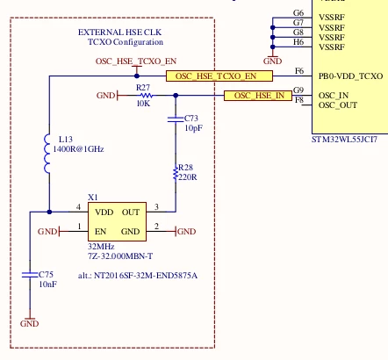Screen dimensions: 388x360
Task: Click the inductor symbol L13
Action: [47, 154]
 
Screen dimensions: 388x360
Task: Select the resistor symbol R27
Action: [147, 96]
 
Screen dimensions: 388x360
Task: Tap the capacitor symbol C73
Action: [176, 119]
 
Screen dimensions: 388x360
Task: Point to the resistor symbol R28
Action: [176, 173]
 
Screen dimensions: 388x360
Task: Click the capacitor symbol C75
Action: [30, 275]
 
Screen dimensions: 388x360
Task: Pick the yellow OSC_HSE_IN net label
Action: [258, 96]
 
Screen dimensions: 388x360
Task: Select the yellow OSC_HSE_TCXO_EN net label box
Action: [219, 76]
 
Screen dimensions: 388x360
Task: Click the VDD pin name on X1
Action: [104, 212]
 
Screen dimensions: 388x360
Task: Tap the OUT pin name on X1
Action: [131, 212]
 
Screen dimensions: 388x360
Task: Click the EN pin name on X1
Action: [100, 232]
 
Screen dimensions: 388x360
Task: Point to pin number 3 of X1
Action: [156, 207]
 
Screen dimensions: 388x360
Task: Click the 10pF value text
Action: [193, 128]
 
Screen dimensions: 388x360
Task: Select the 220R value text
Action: [188, 177]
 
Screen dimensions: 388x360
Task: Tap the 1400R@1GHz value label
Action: [78, 149]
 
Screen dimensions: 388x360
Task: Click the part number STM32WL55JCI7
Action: [344, 140]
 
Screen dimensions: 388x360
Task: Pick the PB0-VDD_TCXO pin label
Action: [350, 76]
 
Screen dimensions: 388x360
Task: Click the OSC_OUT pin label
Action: [338, 105]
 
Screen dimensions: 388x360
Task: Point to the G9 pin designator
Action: [298, 90]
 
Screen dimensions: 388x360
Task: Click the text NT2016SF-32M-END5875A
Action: [146, 276]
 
